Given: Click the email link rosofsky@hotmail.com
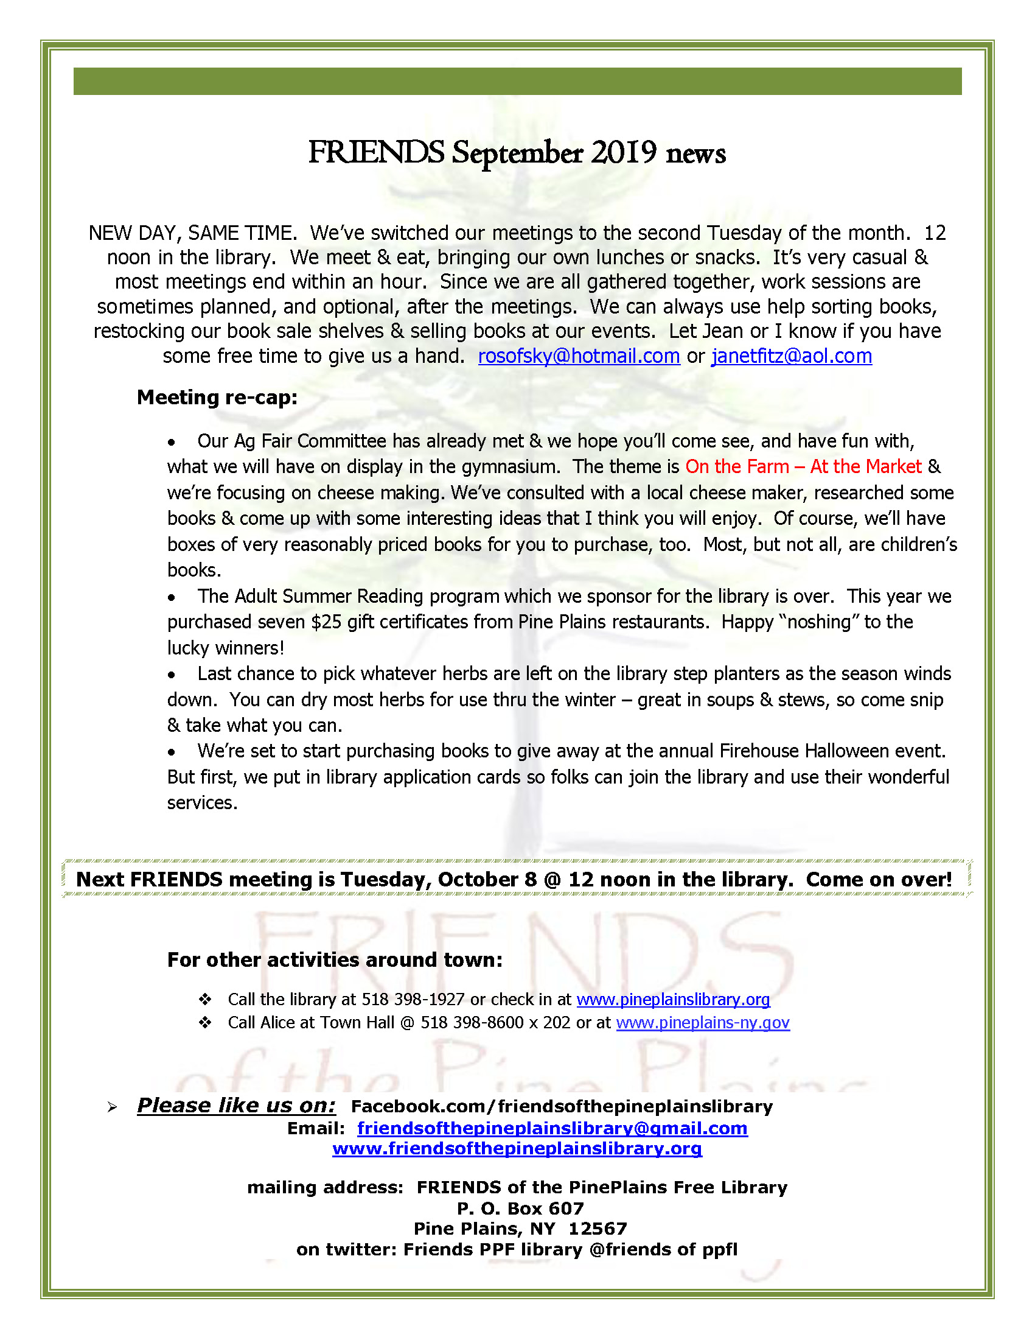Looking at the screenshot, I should [578, 356].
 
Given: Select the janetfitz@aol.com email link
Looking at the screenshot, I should [791, 356].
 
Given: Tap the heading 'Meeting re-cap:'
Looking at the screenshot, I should [217, 397].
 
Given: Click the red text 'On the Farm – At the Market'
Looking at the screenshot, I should [803, 466].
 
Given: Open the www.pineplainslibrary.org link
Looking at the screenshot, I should [672, 1000].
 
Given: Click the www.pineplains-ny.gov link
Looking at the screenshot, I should [703, 1023].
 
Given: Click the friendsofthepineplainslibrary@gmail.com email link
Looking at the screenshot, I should [552, 1128].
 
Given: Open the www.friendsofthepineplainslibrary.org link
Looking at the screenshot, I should [517, 1149].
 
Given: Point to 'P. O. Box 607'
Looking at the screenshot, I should [520, 1208].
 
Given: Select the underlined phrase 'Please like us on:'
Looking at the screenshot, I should [236, 1106].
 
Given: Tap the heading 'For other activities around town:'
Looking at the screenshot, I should [335, 959].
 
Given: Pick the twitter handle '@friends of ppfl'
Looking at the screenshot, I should [663, 1249].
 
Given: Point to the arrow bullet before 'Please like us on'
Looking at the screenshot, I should [111, 1107].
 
